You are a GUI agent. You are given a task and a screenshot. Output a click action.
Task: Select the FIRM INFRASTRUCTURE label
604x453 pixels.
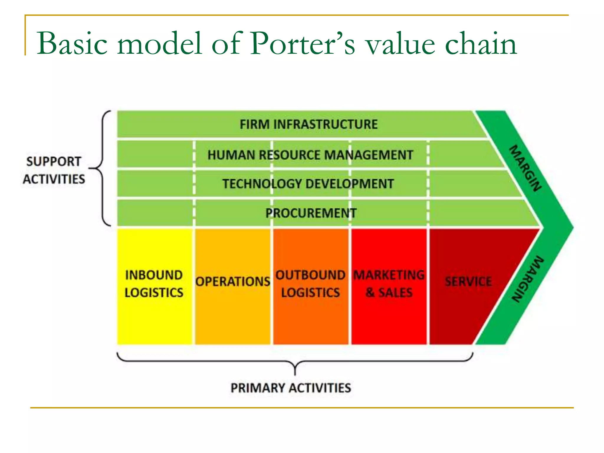point(308,124)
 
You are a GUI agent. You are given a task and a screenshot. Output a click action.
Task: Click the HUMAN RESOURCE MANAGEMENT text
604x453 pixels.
point(310,155)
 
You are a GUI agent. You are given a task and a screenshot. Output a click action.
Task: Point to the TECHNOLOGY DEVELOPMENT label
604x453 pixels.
point(308,184)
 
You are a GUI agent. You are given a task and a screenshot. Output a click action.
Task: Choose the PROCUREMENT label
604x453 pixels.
point(311,213)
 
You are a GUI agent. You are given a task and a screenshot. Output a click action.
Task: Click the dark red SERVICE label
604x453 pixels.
point(468,281)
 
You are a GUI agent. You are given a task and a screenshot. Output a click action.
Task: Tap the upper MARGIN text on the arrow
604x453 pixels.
point(526,168)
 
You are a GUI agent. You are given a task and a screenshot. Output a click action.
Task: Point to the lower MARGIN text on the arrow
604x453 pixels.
point(528,279)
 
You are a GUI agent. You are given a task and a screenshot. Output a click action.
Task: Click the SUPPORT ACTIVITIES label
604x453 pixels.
point(54,170)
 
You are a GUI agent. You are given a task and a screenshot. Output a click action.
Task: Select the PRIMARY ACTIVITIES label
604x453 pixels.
point(291,388)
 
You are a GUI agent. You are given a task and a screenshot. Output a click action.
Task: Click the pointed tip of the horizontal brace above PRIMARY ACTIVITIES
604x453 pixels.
point(295,372)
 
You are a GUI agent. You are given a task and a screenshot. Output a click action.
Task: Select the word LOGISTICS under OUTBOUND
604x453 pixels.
point(311,293)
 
